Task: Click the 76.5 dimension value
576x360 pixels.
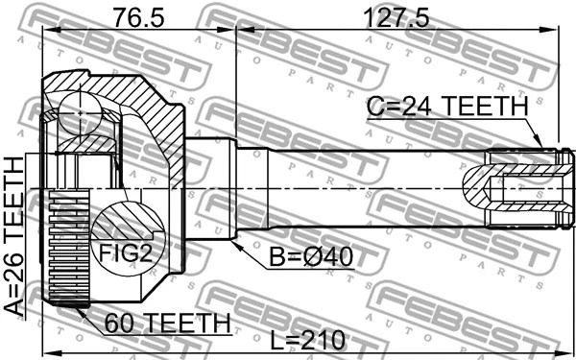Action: click(138, 18)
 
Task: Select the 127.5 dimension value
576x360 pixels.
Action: click(396, 18)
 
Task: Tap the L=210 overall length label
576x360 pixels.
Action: click(307, 341)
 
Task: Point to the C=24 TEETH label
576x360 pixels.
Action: click(447, 107)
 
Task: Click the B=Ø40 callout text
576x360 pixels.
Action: click(311, 257)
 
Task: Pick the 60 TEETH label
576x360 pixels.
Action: click(167, 324)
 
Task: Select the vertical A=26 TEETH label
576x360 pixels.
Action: click(14, 236)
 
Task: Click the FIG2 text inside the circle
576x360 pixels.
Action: click(126, 253)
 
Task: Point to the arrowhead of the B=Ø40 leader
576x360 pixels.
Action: click(236, 246)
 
